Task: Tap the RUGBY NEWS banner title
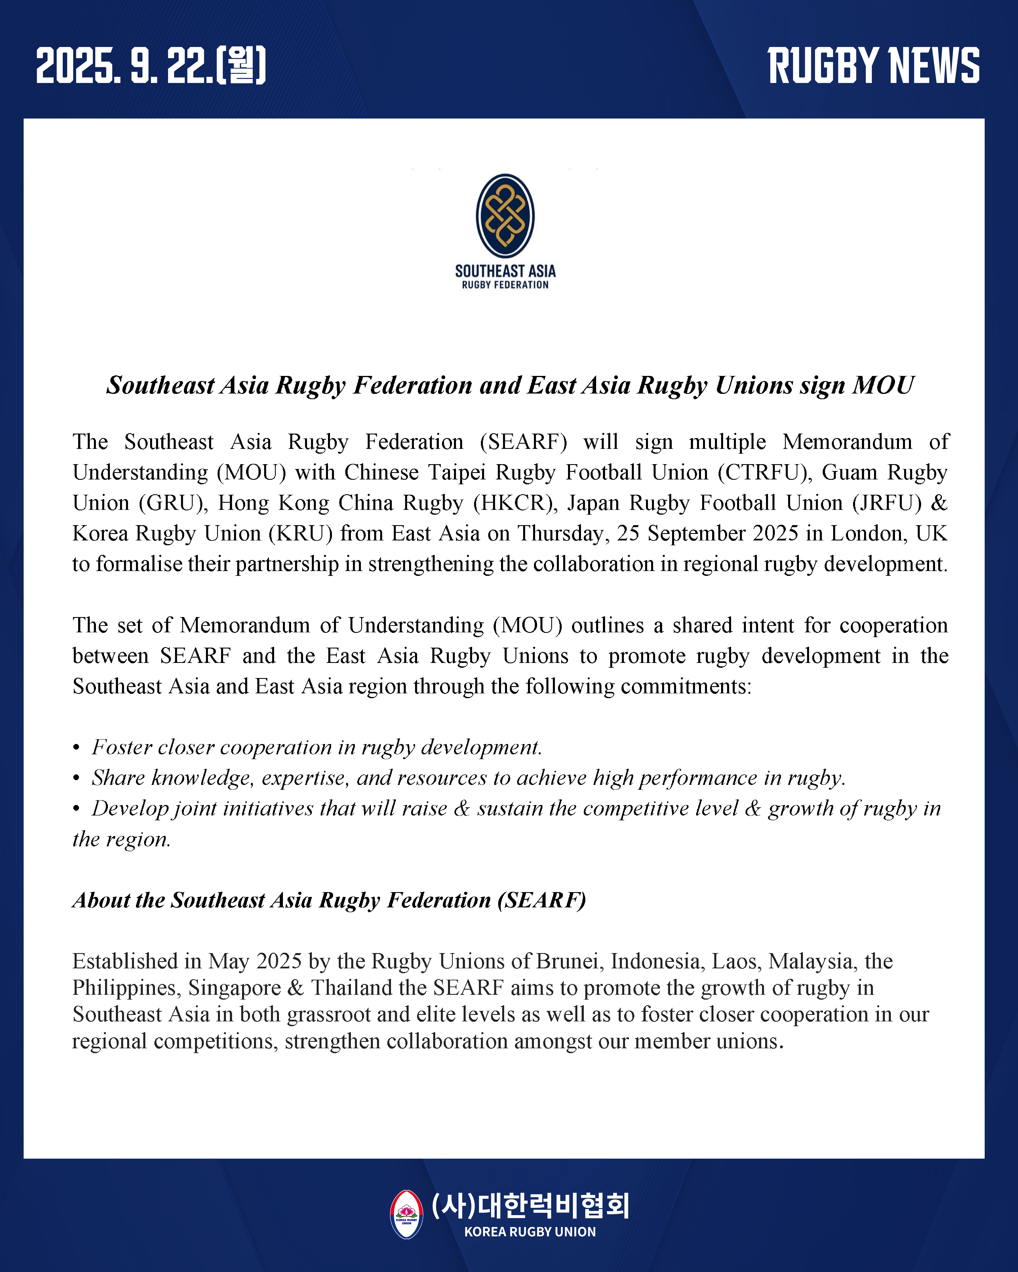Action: coord(873,65)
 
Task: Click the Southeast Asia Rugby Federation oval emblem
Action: coord(505,216)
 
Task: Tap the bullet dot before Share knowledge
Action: coord(76,779)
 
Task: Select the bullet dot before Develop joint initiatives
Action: coord(76,809)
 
